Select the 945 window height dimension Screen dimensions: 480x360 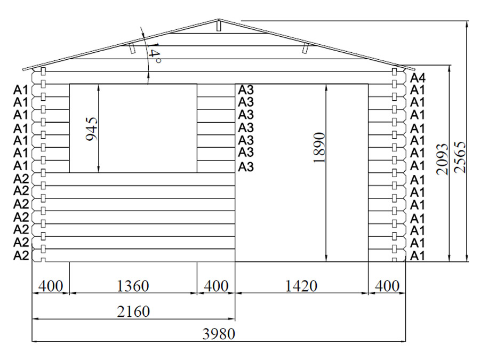(92, 129)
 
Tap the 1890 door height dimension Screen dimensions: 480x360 (319, 148)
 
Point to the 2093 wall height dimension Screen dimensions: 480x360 (442, 159)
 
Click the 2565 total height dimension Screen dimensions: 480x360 (460, 157)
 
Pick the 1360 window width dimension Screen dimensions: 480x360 (133, 286)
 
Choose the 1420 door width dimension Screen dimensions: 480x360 (301, 286)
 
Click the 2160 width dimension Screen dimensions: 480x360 (133, 311)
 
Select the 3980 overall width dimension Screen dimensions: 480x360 (219, 334)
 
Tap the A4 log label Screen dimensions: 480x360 (418, 78)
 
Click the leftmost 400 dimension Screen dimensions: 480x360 (51, 286)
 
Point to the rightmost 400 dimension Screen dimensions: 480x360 (387, 286)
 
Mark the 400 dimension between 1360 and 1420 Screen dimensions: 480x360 (216, 286)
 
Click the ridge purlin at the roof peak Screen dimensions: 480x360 (219, 25)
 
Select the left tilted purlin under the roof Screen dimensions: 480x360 (132, 48)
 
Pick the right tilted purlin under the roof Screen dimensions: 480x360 (305, 48)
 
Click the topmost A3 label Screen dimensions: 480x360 (246, 90)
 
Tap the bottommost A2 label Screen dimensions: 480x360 (21, 255)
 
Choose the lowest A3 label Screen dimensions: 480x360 (246, 167)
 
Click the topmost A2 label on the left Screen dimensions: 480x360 (21, 178)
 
